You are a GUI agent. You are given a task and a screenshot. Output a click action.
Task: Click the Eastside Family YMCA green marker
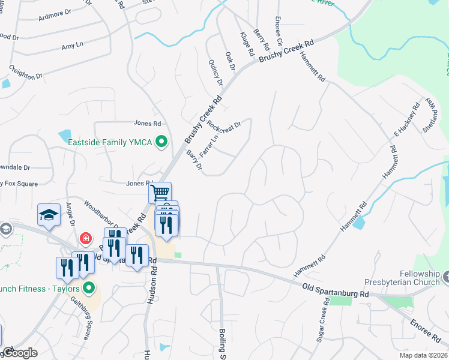tap(161, 142)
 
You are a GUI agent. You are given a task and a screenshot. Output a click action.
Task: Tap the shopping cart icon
tap(160, 193)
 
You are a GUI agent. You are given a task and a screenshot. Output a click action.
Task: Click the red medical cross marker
tap(86, 238)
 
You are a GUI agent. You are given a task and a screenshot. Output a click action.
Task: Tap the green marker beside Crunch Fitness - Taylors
tap(89, 288)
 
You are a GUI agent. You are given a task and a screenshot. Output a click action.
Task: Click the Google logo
tap(19, 353)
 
